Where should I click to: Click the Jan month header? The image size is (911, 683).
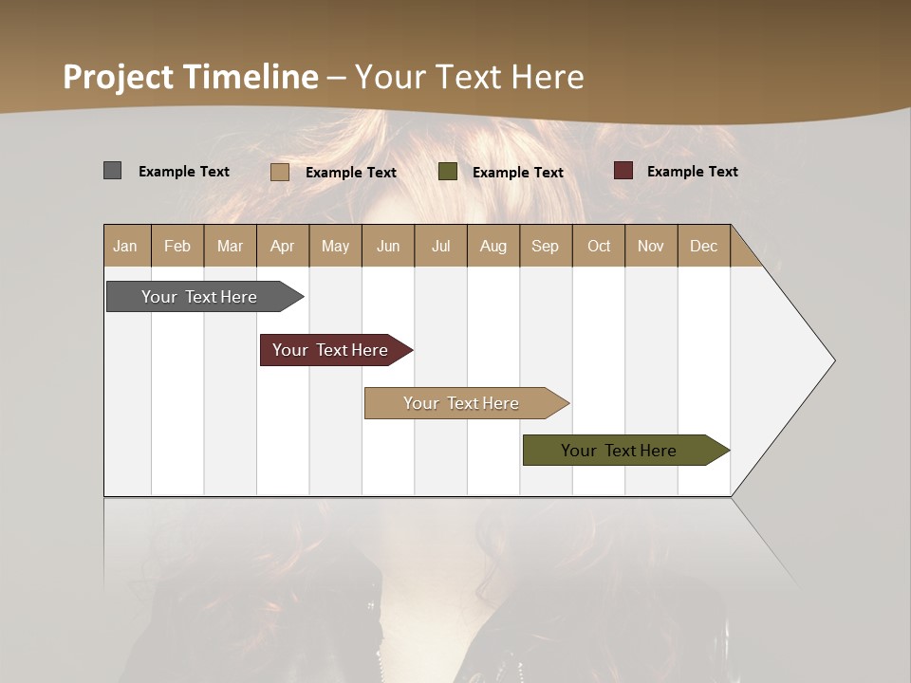126,246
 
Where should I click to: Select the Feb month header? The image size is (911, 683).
177,246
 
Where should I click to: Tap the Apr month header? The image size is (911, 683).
283,246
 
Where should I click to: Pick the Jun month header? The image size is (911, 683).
388,246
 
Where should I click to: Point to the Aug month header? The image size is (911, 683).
493,246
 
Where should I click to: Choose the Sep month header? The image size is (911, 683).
546,246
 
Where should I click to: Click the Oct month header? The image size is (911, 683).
599,246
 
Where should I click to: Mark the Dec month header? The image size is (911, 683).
704,246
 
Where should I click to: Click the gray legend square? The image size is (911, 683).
112,171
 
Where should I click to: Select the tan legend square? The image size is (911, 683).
279,172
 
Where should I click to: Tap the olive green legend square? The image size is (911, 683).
448,172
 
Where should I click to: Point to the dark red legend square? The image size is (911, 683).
623,171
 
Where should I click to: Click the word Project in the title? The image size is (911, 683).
118,77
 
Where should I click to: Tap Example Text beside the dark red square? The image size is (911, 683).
692,172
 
